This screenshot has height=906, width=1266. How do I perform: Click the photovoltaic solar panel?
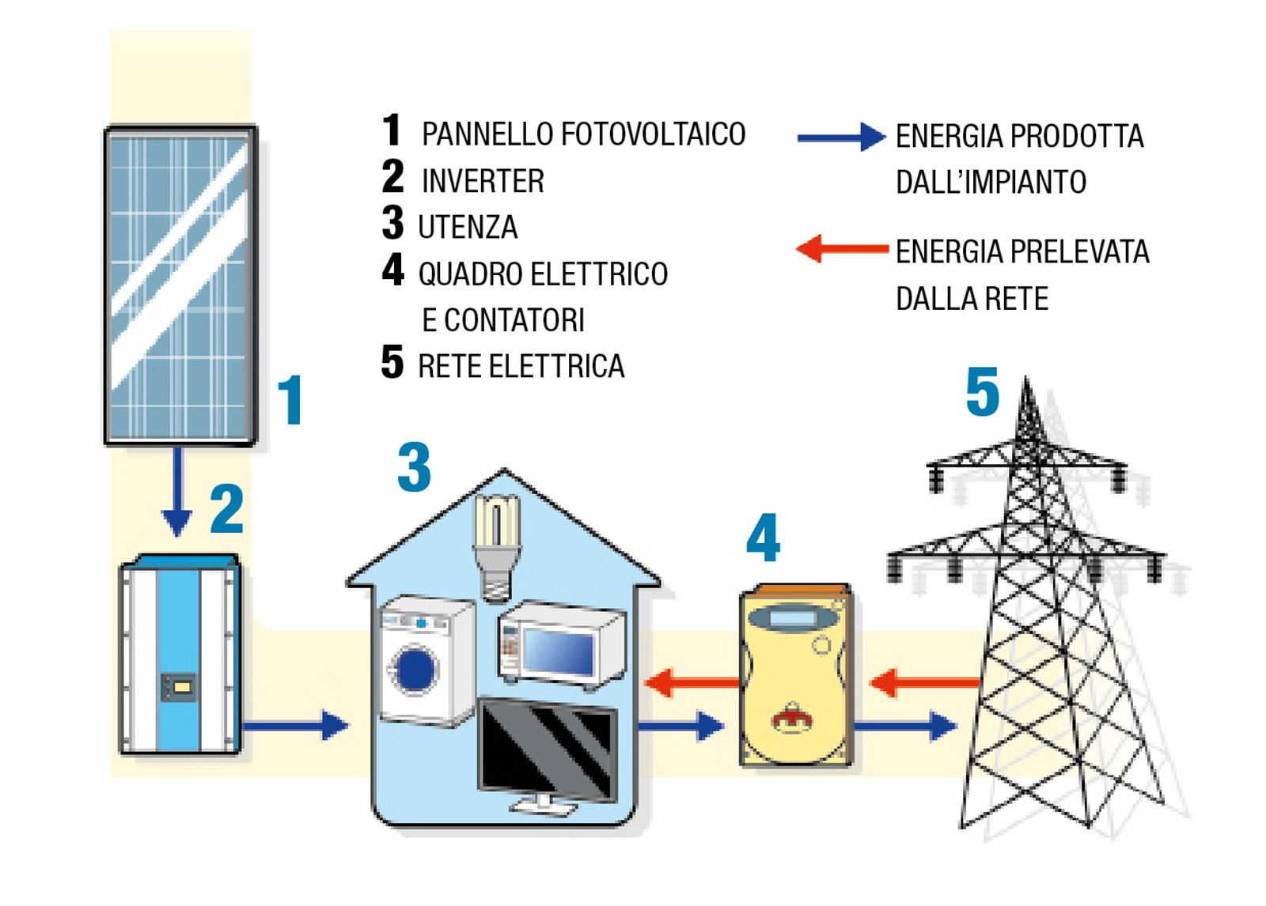(180, 285)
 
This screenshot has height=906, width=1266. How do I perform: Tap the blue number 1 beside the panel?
(291, 400)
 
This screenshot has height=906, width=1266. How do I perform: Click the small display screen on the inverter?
(179, 686)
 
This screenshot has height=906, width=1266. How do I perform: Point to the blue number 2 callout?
(227, 510)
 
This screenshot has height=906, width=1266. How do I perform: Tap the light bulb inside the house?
(496, 545)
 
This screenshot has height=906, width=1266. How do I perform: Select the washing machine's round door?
(415, 669)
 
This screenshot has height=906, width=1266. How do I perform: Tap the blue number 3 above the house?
(415, 467)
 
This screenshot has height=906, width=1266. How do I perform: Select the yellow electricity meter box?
(795, 677)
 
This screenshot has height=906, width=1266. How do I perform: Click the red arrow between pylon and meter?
(923, 681)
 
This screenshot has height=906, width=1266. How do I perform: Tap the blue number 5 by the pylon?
(982, 393)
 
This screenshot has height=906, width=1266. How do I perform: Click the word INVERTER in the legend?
(483, 181)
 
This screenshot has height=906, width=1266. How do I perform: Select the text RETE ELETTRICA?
(521, 367)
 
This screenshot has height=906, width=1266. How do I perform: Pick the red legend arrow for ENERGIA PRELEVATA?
(840, 249)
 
